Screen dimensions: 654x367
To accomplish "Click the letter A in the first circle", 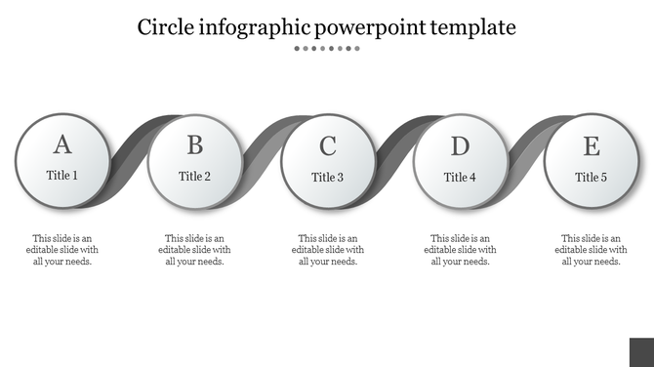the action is [x=62, y=145].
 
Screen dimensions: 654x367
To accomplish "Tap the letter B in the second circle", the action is [x=195, y=145].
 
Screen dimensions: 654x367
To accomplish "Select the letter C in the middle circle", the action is [x=328, y=146].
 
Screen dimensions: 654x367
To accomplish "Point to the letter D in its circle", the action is [x=460, y=146].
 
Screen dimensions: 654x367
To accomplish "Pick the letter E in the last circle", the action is [x=592, y=146].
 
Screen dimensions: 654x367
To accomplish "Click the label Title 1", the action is [x=62, y=177].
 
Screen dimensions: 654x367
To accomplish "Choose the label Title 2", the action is [x=195, y=177].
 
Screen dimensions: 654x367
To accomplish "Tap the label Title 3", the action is [x=328, y=178].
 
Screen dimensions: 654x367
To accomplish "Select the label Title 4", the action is [x=460, y=178].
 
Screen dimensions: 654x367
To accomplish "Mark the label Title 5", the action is [x=592, y=178].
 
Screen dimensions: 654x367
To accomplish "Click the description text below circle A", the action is [x=62, y=250].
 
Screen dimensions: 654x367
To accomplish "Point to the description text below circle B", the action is [x=195, y=250].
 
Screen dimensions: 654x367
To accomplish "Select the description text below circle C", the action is [x=328, y=250].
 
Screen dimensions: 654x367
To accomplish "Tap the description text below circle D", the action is [x=460, y=250].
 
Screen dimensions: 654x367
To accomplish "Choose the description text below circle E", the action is [x=592, y=250].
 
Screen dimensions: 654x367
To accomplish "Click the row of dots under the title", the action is [x=327, y=48].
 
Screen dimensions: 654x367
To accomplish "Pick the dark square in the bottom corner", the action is [x=641, y=352].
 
